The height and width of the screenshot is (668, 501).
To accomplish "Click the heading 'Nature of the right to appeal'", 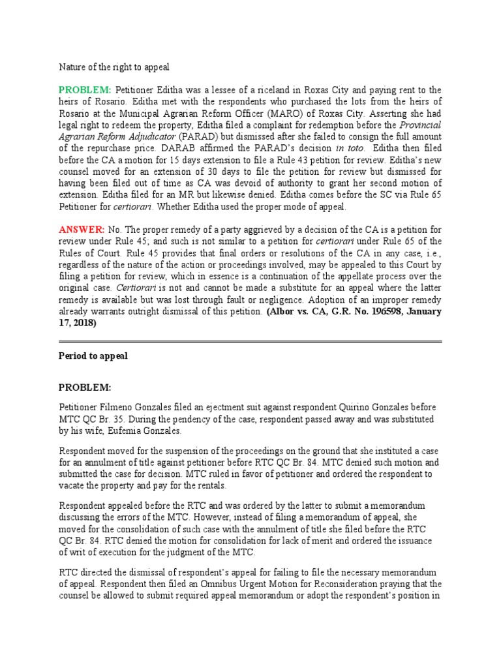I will (x=114, y=67).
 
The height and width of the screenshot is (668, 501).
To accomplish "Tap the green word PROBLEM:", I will (x=85, y=90).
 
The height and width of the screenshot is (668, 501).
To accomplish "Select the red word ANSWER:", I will (x=82, y=230).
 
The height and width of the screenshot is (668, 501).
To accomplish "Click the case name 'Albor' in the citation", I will (x=282, y=312).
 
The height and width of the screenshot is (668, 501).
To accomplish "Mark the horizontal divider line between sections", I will (x=250, y=341).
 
